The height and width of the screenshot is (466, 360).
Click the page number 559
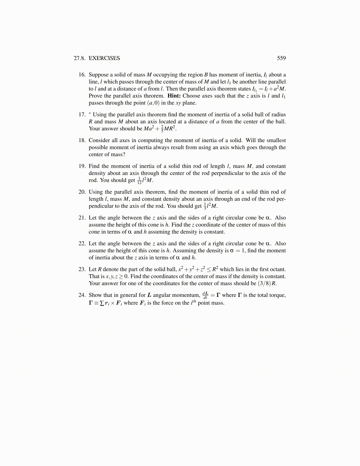tap(281, 58)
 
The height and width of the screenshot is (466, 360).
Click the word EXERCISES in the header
tap(104, 58)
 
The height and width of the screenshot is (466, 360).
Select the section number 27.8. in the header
tap(80, 58)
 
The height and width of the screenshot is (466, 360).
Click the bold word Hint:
tap(174, 96)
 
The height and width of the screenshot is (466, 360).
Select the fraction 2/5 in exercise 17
tap(162, 129)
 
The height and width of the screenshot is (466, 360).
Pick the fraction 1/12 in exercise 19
tap(139, 181)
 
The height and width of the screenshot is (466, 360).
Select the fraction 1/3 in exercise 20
tap(205, 206)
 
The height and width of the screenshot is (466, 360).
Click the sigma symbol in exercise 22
tap(231, 251)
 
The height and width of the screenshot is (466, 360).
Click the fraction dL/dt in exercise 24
tap(205, 295)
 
